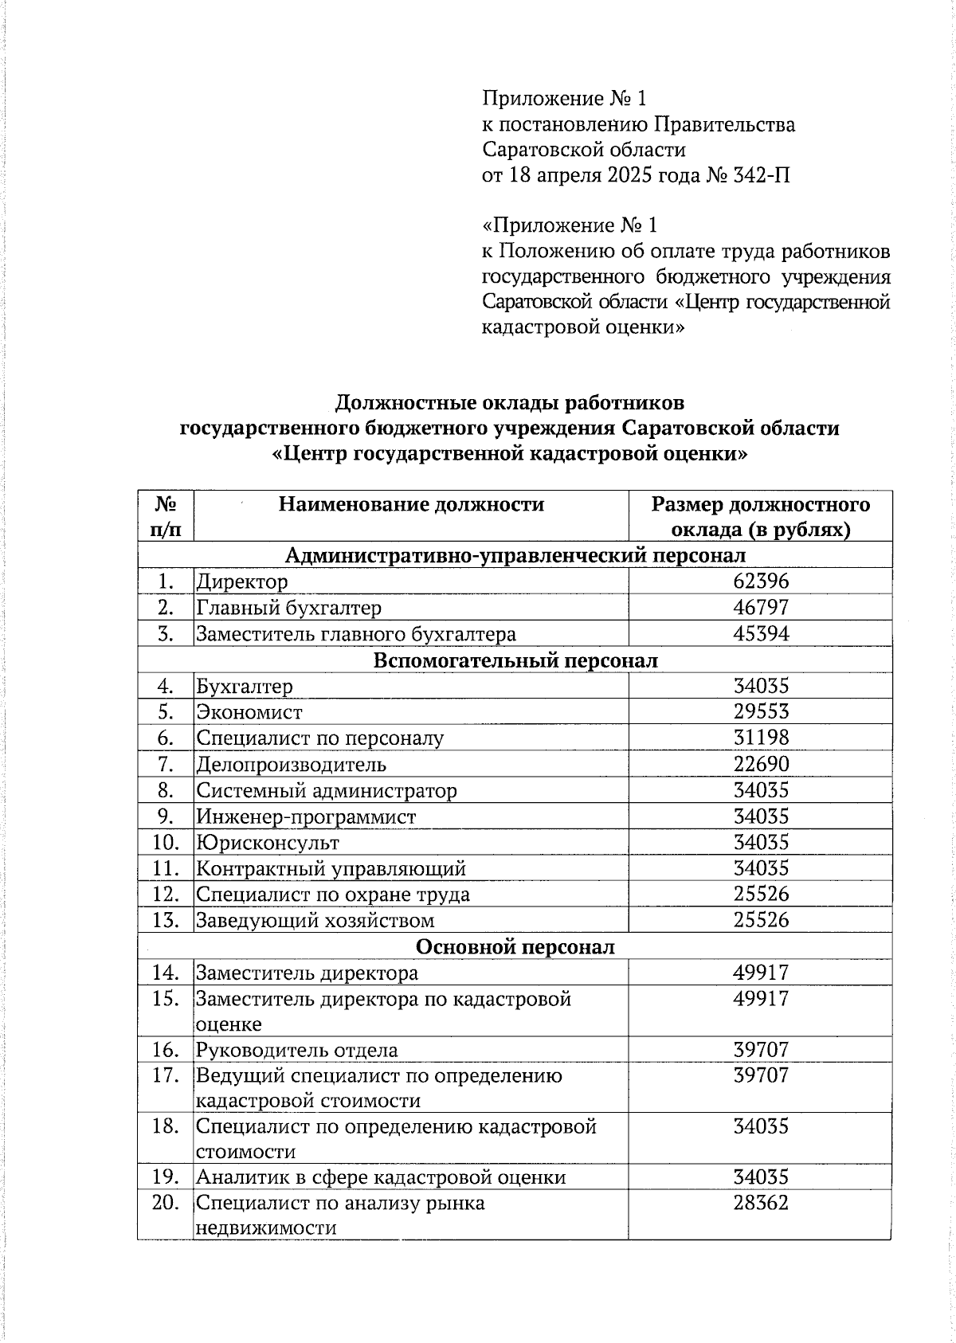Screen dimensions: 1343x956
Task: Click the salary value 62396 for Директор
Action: pyautogui.click(x=760, y=581)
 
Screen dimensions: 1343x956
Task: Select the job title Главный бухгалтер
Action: pyautogui.click(x=288, y=608)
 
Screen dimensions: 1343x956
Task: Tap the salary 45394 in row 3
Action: pyautogui.click(x=760, y=634)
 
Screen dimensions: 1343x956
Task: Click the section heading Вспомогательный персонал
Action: pyautogui.click(x=515, y=660)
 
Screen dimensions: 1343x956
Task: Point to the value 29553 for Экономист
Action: pyautogui.click(x=760, y=711)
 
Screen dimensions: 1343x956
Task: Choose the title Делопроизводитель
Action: pyautogui.click(x=291, y=765)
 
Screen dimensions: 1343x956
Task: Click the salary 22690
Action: pyautogui.click(x=760, y=764)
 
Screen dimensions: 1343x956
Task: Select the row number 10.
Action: pyautogui.click(x=165, y=842)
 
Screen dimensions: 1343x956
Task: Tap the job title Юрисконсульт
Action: pyautogui.click(x=268, y=843)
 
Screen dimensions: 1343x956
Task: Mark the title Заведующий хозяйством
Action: pyautogui.click(x=315, y=921)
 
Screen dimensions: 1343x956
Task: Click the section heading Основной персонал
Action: pyautogui.click(x=515, y=947)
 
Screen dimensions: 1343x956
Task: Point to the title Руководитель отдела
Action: pyautogui.click(x=296, y=1051)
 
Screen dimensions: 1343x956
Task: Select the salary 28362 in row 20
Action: pyautogui.click(x=760, y=1203)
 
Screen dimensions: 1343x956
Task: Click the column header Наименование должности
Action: pyautogui.click(x=410, y=504)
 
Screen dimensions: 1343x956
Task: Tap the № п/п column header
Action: pyautogui.click(x=165, y=516)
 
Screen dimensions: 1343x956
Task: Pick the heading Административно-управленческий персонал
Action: pyautogui.click(x=515, y=555)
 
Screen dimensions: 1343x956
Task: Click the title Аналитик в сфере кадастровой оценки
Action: pyautogui.click(x=380, y=1177)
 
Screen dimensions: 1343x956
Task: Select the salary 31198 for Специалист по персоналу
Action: pyautogui.click(x=760, y=738)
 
